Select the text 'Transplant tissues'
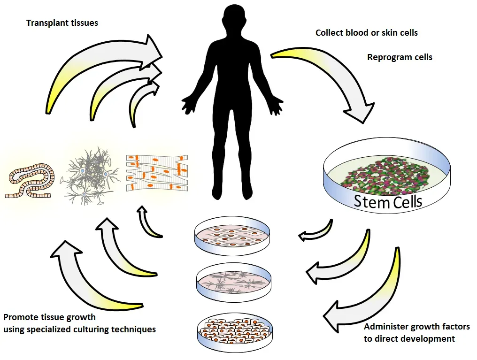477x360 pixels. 62,23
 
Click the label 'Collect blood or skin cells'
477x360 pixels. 366,33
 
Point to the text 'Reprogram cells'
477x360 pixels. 400,57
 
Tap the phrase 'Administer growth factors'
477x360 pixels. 417,327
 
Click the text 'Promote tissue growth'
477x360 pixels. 49,317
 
